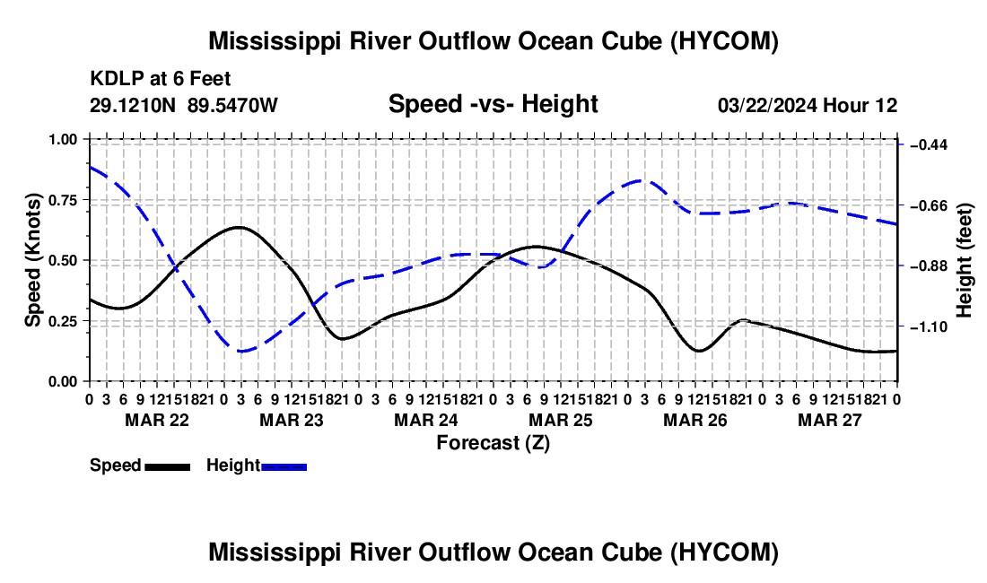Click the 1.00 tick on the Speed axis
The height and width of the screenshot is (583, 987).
tap(63, 139)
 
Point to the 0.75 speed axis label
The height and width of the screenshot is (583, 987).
tap(63, 200)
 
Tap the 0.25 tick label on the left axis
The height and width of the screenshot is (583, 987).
tap(63, 321)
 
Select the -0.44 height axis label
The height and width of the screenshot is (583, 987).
tap(929, 145)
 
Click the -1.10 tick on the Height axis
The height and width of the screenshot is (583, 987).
tap(929, 327)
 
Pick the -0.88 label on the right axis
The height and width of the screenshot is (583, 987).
tap(929, 266)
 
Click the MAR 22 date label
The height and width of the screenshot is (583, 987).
tap(157, 420)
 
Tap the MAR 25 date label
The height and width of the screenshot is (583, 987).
tap(560, 420)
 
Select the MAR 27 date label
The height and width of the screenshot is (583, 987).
tap(830, 420)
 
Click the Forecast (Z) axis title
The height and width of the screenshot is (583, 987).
tap(493, 443)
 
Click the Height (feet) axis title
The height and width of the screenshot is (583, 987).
tap(964, 260)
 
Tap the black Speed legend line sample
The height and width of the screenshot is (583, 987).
tap(168, 467)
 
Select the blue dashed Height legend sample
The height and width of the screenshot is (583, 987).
tap(284, 467)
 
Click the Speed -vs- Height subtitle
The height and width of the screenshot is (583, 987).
tap(493, 104)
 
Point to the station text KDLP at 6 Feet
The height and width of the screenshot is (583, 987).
tap(161, 79)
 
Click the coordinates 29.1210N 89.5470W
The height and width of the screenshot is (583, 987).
tap(183, 105)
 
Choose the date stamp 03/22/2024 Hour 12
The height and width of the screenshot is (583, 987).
tap(808, 105)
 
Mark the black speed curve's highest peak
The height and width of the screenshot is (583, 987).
tap(240, 227)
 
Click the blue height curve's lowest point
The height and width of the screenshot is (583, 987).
tap(241, 351)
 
